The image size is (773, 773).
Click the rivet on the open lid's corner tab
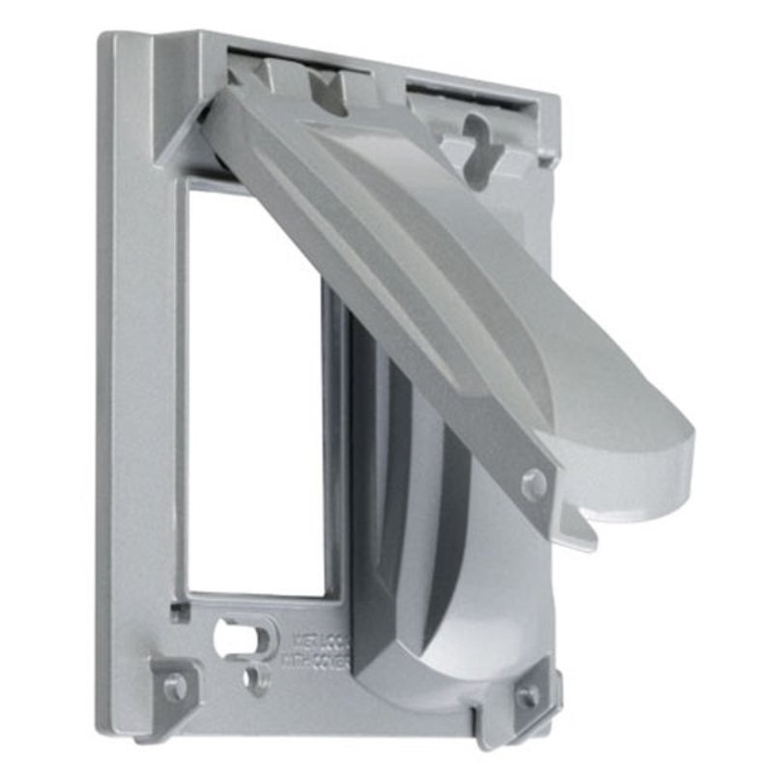point(533,483)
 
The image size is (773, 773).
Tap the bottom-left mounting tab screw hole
point(175,686)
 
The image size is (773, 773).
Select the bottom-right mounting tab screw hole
point(528,695)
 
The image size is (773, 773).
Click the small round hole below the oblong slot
point(256,676)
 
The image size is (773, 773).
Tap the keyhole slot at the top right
point(475,135)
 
